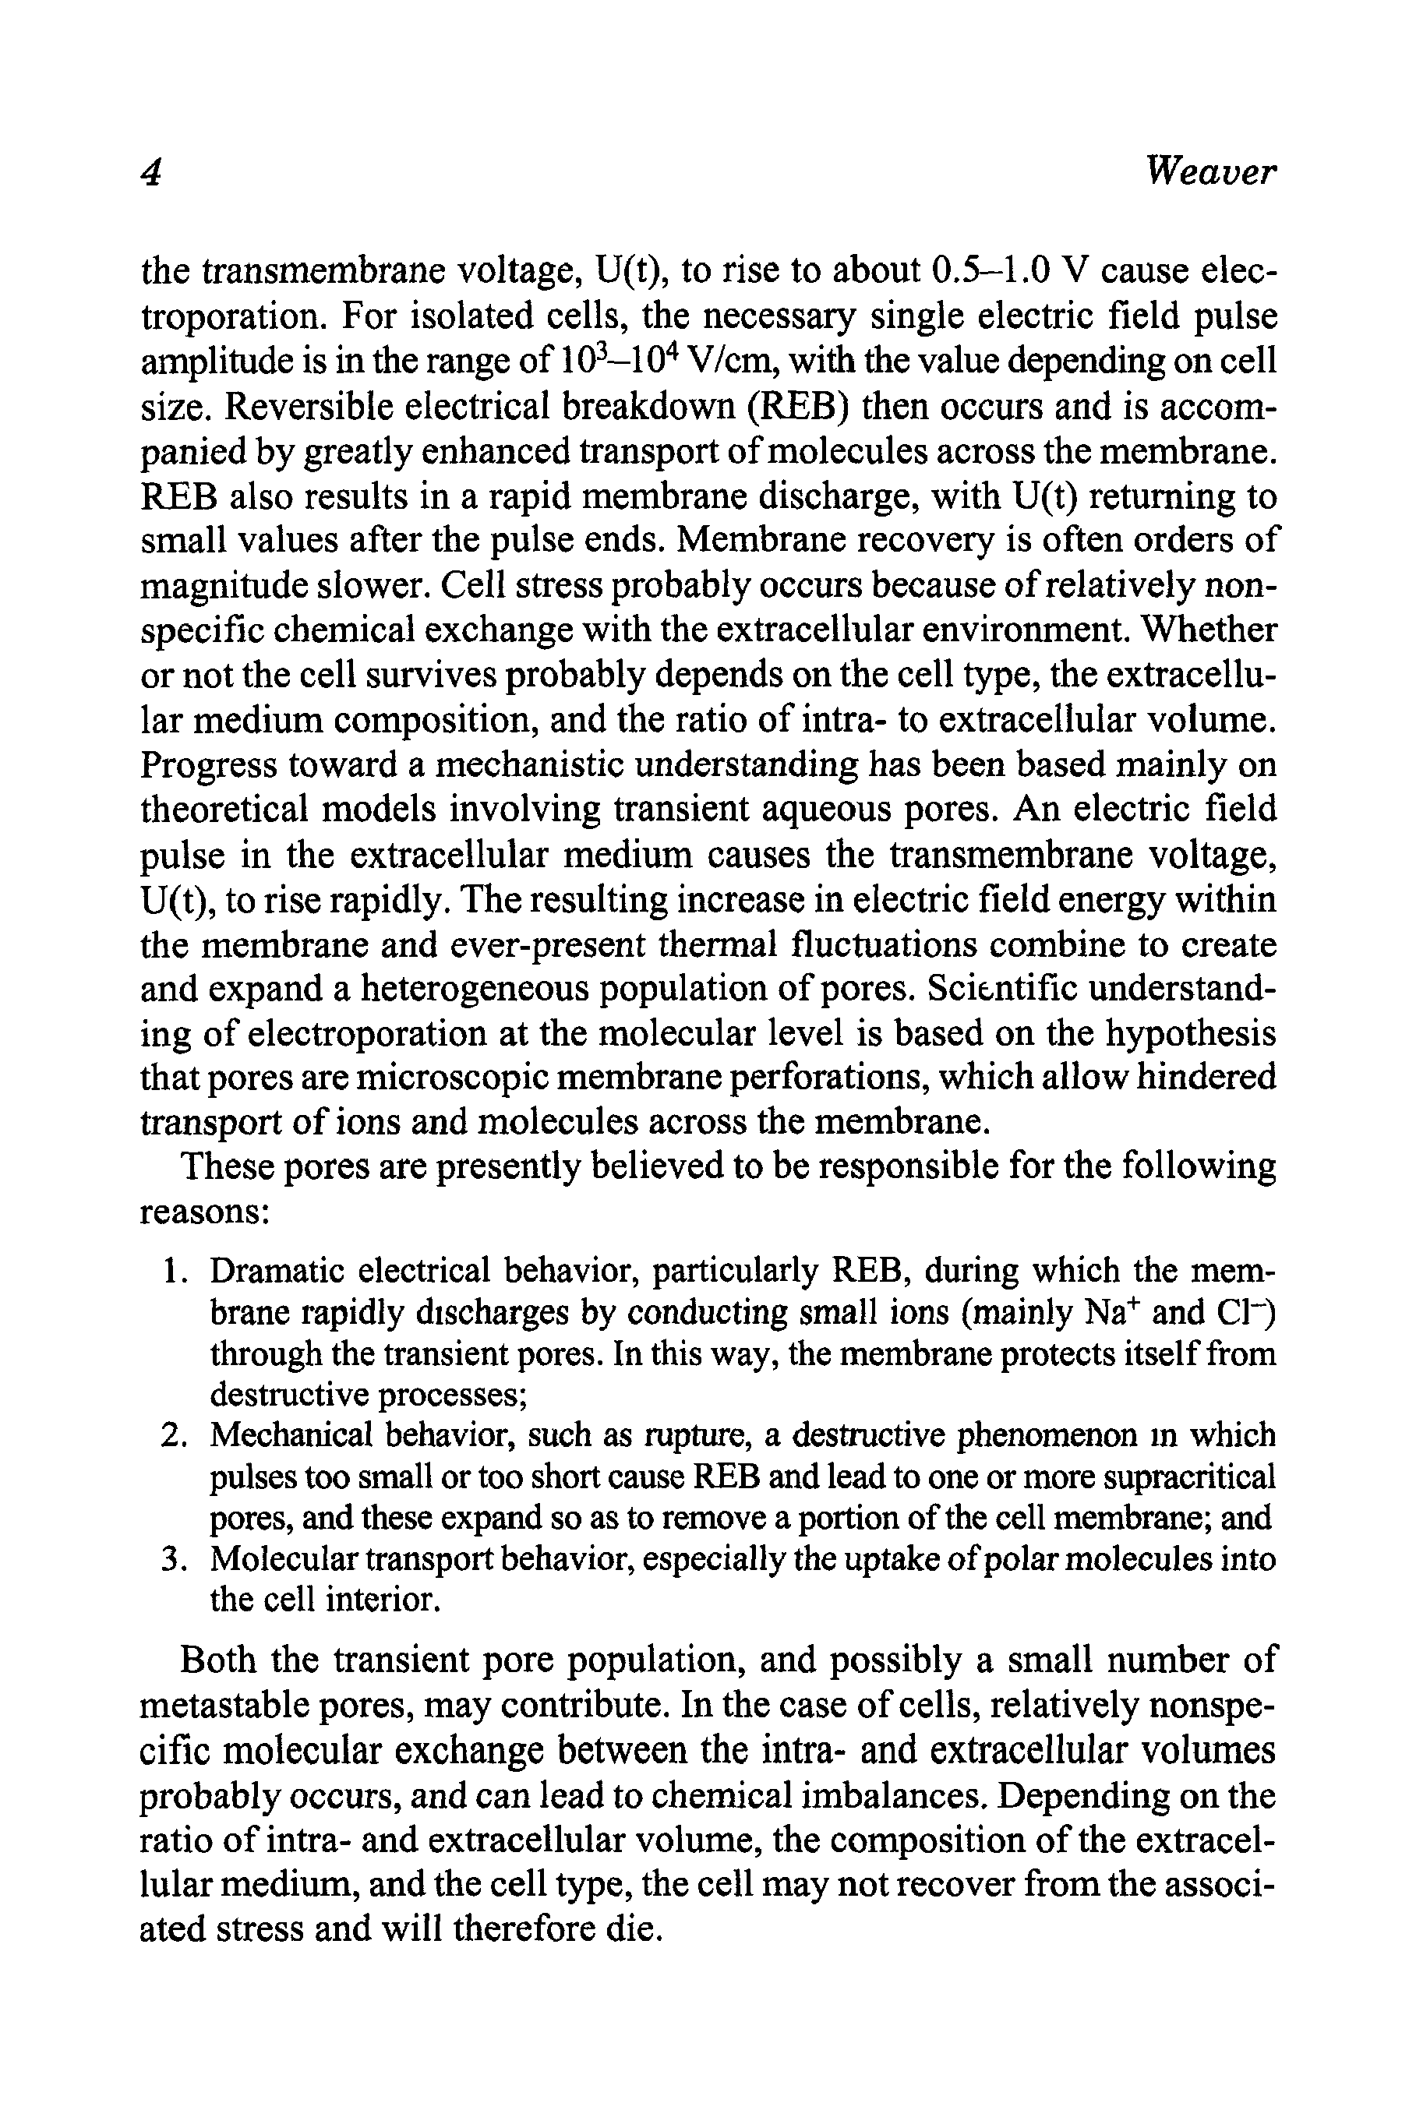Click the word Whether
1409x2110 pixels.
(1209, 630)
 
